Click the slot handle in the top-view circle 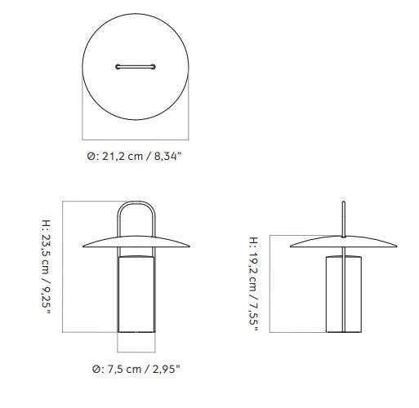click(137, 66)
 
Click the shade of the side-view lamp click(345, 242)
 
